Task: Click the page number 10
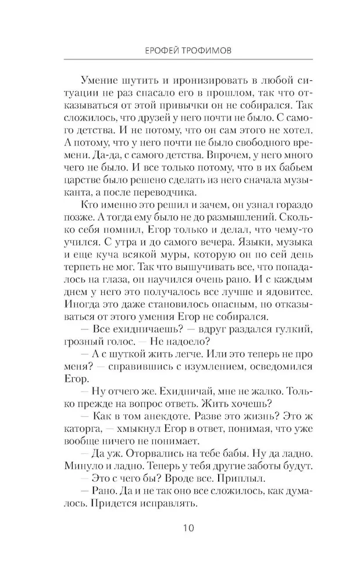[x=180, y=528]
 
